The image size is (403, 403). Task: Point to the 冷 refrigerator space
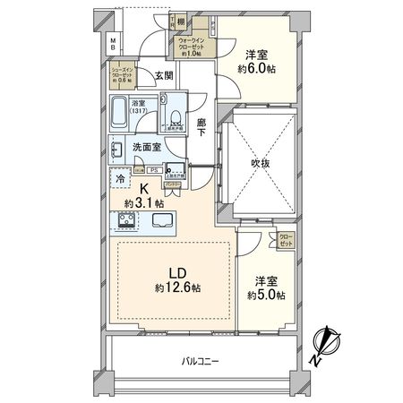click(x=120, y=178)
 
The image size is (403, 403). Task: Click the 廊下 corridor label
click(x=202, y=129)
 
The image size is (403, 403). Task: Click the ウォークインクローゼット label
click(x=194, y=44)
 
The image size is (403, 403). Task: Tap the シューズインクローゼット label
click(x=123, y=73)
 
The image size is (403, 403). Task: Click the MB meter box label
click(x=113, y=42)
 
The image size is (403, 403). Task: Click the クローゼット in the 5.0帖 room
click(x=286, y=240)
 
